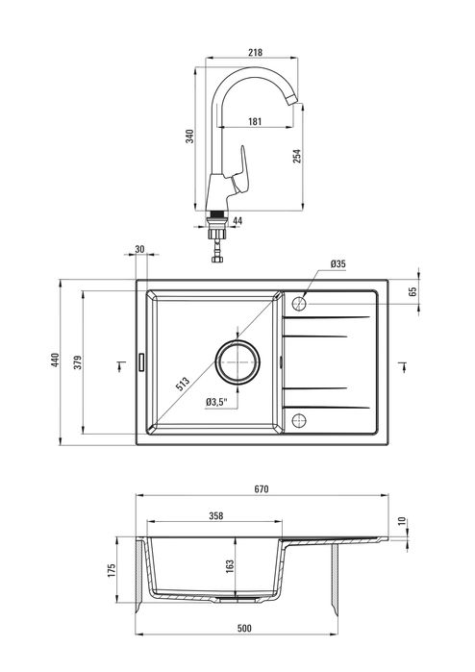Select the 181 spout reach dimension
(254, 121)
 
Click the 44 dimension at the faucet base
(238, 222)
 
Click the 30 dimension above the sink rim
(140, 249)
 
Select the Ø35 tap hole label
(337, 263)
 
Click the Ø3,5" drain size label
(217, 402)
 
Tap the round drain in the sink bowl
(237, 361)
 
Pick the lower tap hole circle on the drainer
(298, 419)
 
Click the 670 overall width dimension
(261, 489)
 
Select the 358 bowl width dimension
(215, 516)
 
